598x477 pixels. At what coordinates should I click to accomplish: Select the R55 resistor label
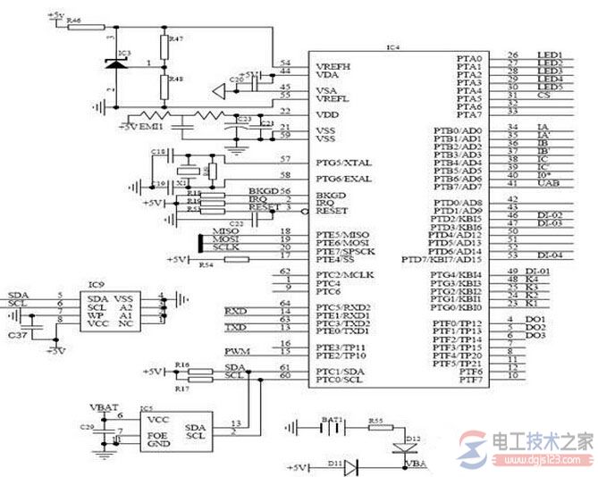(x=376, y=419)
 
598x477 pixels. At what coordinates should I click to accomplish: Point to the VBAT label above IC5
(x=105, y=406)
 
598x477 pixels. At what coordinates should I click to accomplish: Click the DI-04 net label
(x=549, y=255)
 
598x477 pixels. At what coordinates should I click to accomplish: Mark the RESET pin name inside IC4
(x=332, y=211)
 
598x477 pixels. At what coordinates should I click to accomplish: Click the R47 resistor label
(x=175, y=39)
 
